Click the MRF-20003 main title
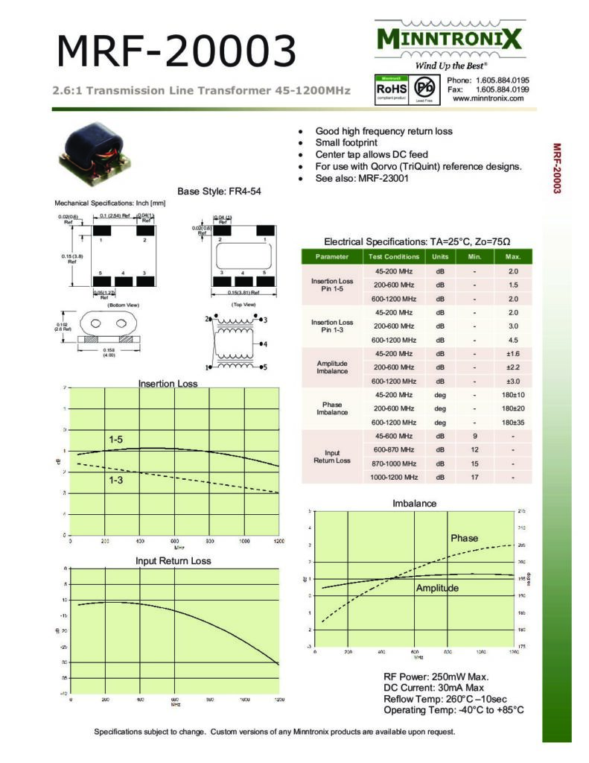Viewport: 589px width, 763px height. point(176,51)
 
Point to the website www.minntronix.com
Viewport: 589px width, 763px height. point(488,98)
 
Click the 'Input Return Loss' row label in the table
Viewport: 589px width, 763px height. point(331,456)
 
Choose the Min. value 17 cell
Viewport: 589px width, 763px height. point(474,477)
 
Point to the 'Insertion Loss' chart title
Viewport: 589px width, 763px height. point(168,384)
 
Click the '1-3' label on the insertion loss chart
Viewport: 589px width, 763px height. point(116,480)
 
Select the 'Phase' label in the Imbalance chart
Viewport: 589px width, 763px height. point(464,538)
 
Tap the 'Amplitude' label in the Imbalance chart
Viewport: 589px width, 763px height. point(437,588)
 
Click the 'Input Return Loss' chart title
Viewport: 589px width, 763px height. point(173,560)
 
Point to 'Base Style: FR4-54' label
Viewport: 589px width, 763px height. point(219,191)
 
